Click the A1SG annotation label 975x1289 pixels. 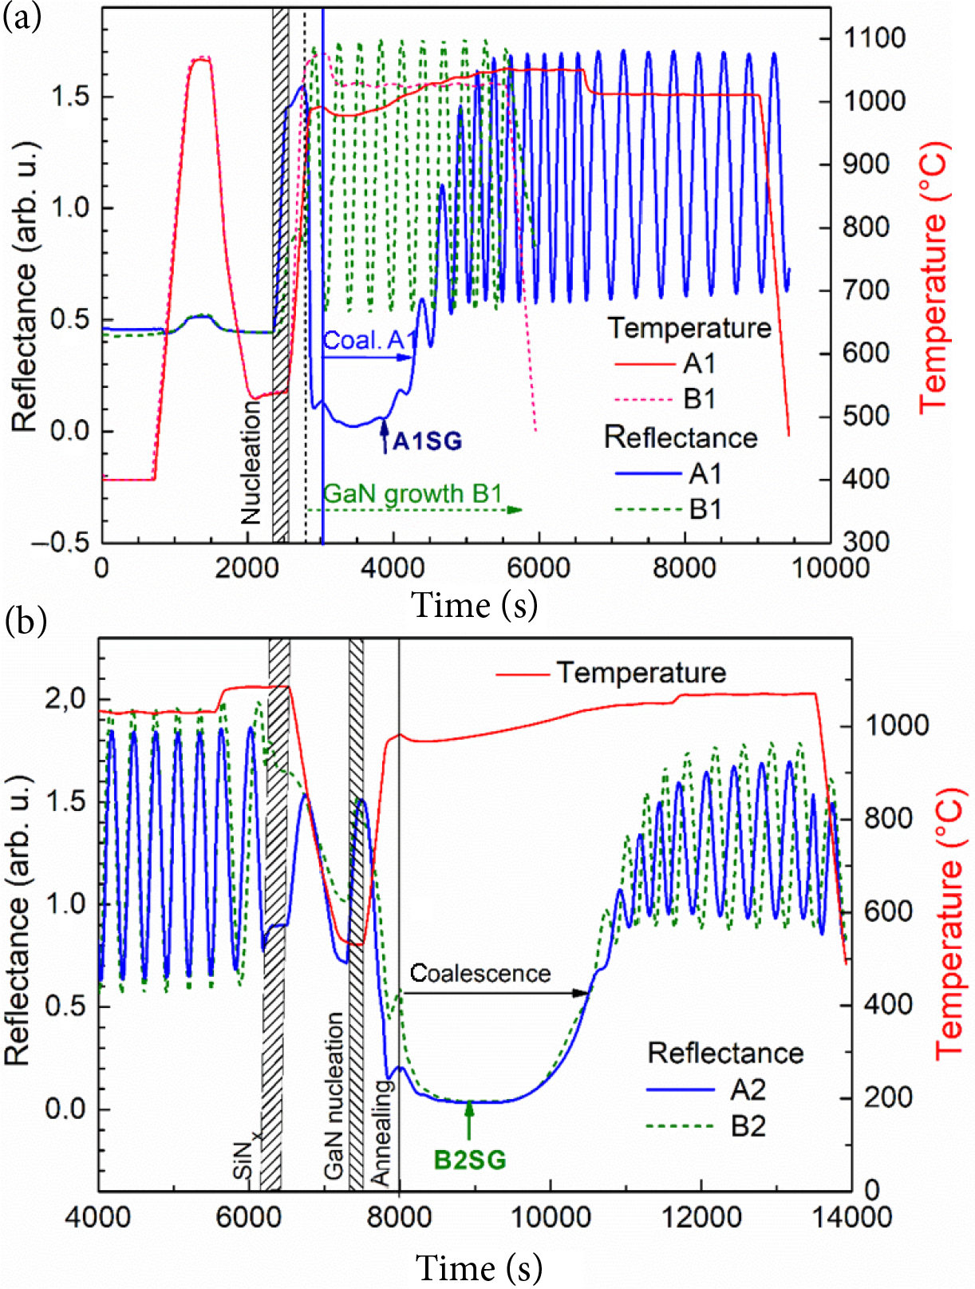(427, 441)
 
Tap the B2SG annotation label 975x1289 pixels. (470, 1159)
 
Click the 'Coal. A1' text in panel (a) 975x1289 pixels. (369, 341)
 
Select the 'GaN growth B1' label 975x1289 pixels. (412, 494)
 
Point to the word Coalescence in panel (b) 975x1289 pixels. (480, 973)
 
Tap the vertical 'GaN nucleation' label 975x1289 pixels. (334, 1096)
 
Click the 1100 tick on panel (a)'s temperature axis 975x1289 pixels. (875, 38)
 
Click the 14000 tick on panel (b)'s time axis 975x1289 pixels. (851, 1217)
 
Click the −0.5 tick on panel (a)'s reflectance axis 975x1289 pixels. (61, 542)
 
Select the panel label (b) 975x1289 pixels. (26, 620)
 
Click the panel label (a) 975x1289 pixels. (22, 17)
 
